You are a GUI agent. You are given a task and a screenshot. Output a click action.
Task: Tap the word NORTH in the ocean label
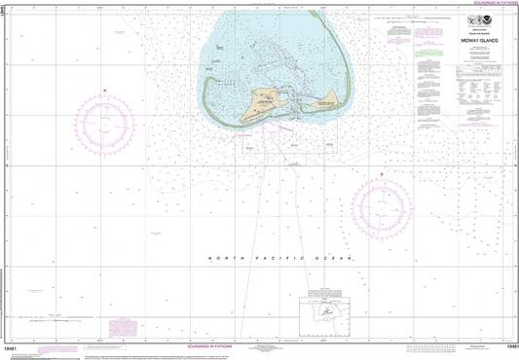coord(223,257)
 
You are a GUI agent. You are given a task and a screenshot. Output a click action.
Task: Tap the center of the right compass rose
coord(382,201)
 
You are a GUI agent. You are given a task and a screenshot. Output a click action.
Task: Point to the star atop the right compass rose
coord(382,173)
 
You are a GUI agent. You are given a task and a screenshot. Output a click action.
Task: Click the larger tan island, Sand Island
coord(267,100)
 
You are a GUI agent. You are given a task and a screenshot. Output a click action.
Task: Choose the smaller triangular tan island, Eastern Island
coord(330,96)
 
